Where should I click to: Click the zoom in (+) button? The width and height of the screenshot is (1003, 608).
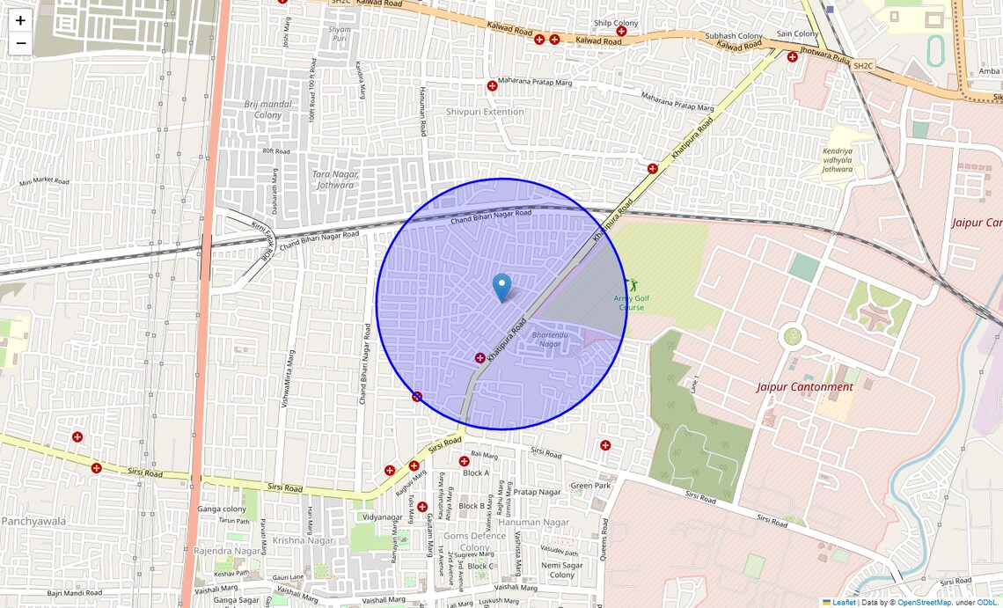pos(20,20)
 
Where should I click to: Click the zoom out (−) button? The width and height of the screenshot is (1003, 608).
pos(20,43)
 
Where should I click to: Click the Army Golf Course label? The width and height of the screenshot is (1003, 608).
pos(629,303)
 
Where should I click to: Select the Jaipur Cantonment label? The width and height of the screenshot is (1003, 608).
pos(805,387)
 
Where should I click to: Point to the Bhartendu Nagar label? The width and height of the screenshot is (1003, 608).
pos(547,339)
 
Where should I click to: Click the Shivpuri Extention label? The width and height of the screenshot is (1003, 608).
pos(485,112)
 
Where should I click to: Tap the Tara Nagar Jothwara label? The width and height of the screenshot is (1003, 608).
pos(333,179)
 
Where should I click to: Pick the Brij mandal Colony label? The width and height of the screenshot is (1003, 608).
pos(268,109)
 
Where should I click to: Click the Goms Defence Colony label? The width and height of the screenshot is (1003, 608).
pos(474,541)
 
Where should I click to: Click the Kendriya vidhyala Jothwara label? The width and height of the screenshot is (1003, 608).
pos(838,159)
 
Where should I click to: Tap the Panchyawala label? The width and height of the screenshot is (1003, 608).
pos(33,521)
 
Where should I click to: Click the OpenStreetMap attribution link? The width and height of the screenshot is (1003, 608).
pos(924,603)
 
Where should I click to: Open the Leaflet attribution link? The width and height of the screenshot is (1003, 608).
pos(844,603)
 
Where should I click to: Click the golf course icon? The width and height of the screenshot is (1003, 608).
pos(631,285)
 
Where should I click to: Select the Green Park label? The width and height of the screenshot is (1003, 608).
pos(590,486)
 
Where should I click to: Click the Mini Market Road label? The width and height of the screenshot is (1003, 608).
pos(44,181)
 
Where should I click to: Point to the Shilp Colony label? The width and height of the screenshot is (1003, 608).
pos(616,23)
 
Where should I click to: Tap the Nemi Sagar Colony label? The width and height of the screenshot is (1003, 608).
pos(562,570)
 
